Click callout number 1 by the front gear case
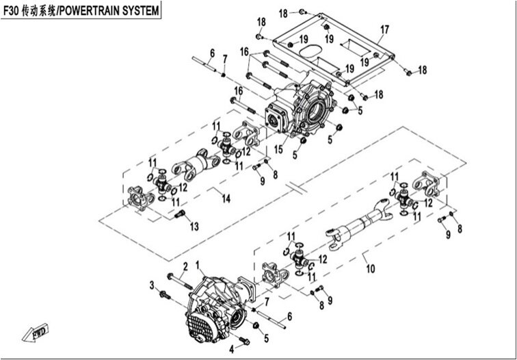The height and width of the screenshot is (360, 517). coord(198,264)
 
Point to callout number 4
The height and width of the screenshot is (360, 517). coord(232,350)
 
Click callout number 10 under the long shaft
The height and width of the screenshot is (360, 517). coord(371,270)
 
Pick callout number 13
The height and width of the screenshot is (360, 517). coord(195,227)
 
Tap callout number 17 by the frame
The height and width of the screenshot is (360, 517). coord(384,29)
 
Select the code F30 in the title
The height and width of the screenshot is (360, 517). coord(14,12)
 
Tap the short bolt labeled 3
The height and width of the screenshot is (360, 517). coord(165,296)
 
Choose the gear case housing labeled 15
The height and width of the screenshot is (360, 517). coord(311,110)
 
